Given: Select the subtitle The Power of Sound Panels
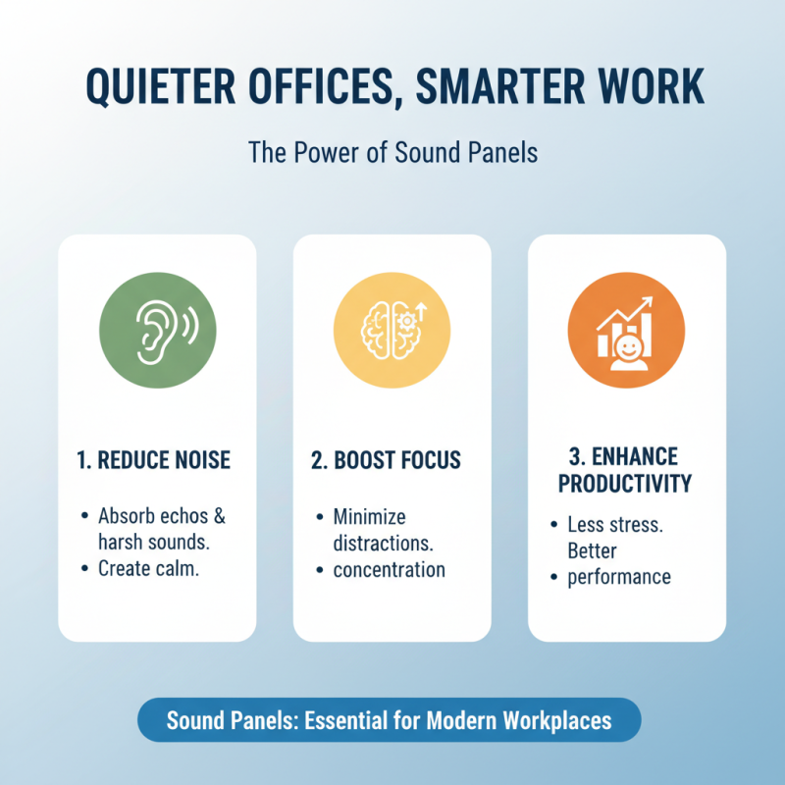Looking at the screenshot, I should pyautogui.click(x=392, y=153).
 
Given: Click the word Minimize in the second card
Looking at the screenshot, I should pyautogui.click(x=369, y=516).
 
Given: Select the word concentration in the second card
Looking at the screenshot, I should pyautogui.click(x=389, y=570).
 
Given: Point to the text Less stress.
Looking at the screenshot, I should pyautogui.click(x=615, y=525).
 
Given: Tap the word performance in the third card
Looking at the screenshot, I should pyautogui.click(x=619, y=577).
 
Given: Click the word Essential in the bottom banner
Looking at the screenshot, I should pyautogui.click(x=355, y=721).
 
